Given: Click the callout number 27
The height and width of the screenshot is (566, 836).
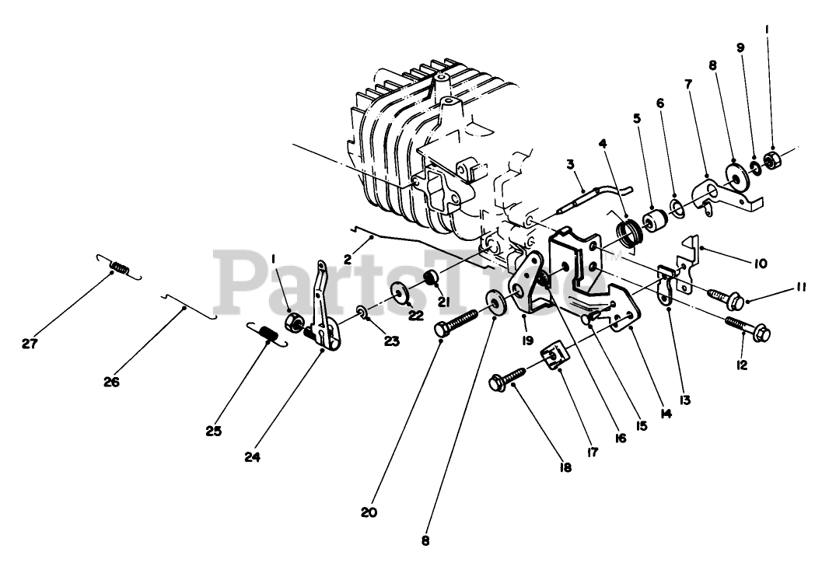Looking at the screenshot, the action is (30, 343).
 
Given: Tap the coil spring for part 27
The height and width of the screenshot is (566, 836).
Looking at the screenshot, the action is (118, 268).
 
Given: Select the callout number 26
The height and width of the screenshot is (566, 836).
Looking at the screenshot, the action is (111, 382).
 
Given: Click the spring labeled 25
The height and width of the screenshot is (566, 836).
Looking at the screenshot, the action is (267, 335).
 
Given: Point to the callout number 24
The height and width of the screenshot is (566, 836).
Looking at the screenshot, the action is (251, 457).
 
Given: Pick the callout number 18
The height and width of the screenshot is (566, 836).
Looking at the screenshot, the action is (564, 468).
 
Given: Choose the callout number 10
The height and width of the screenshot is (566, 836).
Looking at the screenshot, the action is (760, 264).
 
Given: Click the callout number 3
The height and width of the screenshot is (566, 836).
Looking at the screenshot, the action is (570, 164).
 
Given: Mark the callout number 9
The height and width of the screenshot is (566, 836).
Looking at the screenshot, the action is (740, 47).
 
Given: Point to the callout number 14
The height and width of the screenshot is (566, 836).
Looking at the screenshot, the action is (664, 414).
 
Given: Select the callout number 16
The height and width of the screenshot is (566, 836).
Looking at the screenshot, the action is (620, 438).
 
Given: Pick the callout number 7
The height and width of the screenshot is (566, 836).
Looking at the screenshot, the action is (687, 83).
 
